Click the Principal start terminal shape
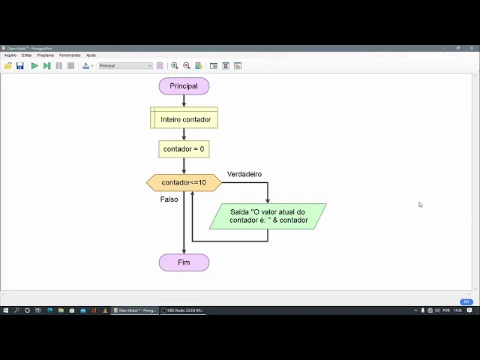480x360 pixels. pos(184,86)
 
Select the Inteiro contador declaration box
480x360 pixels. pos(184,118)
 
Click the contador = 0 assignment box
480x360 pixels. pos(184,148)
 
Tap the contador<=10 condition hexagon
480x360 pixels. pos(184,182)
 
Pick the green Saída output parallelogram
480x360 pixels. pos(268,216)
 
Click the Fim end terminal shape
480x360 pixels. pos(184,262)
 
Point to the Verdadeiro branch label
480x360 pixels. pos(244,174)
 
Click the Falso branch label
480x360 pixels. pos(169,199)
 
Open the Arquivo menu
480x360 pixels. pos(10,55)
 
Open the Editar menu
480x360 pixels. pos(27,55)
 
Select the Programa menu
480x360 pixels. pos(46,55)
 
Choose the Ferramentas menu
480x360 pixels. pos(70,55)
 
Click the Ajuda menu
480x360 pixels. pos(91,55)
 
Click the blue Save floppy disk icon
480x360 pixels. pos(20,66)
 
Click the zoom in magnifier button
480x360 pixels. pos(175,66)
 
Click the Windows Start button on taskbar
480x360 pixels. pos(5,310)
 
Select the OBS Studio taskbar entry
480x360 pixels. pos(182,310)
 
